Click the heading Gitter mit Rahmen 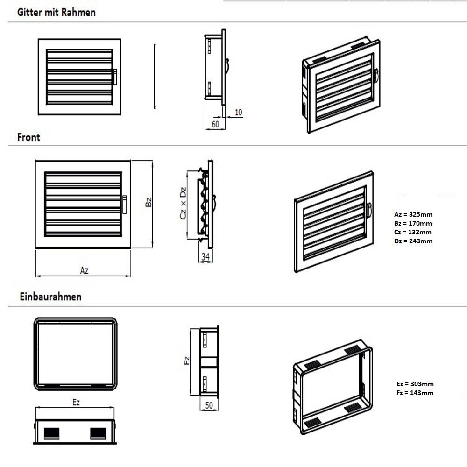pos(57,13)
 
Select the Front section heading pos(29,137)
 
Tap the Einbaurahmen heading pos(50,297)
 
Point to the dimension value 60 pos(215,124)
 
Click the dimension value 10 pos(238,112)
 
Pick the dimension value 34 pos(205,256)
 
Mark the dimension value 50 pos(209,405)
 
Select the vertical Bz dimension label pos(148,202)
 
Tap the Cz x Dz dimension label pos(183,203)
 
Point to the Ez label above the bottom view pos(76,403)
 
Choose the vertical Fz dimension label pos(186,361)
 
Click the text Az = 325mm pos(413,215)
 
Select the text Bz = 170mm pos(413,224)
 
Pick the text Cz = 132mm pos(413,232)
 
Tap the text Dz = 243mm pos(413,241)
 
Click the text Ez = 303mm pos(414,384)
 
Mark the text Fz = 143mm pos(414,393)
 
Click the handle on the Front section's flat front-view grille pos(125,205)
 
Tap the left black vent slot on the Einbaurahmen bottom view pos(51,432)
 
